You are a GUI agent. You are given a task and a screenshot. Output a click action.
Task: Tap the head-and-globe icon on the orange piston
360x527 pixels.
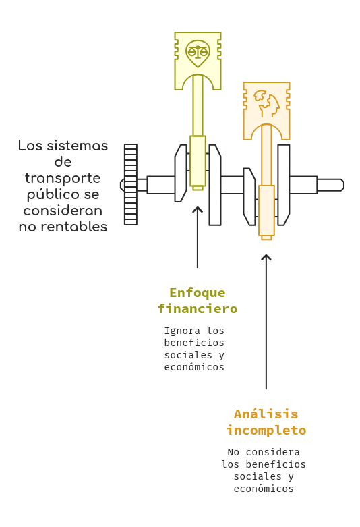(267, 103)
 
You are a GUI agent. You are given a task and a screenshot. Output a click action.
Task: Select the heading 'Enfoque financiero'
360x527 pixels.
(198, 300)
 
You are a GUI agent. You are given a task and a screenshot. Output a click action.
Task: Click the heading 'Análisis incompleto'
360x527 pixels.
(266, 422)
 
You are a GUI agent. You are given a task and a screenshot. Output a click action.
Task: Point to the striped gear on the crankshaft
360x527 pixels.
(131, 184)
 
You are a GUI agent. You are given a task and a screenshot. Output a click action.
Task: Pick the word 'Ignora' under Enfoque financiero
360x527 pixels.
(182, 331)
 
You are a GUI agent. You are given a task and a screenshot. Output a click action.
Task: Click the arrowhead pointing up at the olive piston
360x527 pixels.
(198, 210)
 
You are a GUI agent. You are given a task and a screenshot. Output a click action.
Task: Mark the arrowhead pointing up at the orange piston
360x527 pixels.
(266, 258)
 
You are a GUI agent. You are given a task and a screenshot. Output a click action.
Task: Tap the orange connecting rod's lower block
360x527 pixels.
(267, 211)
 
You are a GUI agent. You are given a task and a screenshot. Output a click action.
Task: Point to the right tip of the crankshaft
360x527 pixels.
(344, 185)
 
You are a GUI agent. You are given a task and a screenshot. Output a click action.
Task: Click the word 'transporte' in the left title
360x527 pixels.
(63, 178)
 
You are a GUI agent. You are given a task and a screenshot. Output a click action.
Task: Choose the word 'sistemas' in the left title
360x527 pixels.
(78, 146)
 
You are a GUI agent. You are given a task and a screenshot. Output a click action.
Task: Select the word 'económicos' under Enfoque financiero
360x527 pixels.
(194, 367)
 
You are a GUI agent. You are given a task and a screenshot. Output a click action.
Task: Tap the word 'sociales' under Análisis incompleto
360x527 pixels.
(258, 476)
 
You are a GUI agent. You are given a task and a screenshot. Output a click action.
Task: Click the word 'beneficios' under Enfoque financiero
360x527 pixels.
(194, 343)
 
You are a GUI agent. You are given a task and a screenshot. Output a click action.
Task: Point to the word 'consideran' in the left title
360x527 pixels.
(63, 211)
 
